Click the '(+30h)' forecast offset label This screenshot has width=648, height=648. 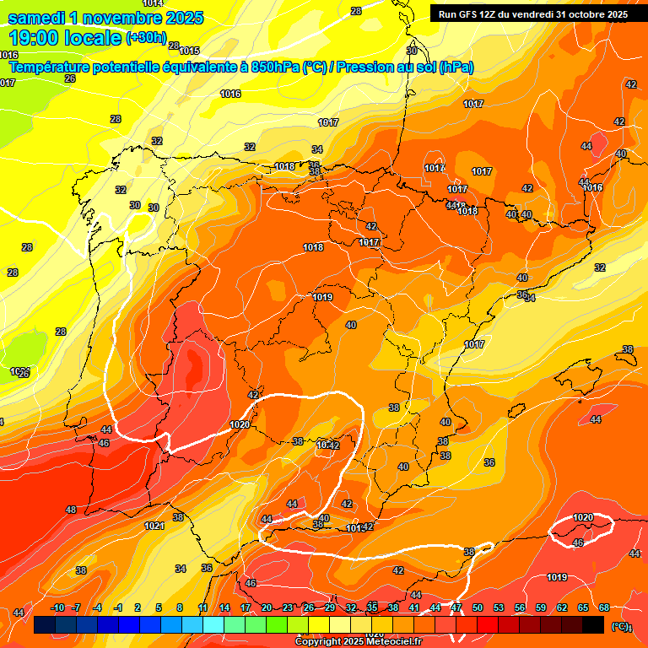(146, 38)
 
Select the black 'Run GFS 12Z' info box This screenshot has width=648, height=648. (532, 13)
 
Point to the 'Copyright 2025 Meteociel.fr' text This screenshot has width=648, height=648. (359, 642)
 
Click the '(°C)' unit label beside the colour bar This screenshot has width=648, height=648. (621, 626)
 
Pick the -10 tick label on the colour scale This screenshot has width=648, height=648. (57, 607)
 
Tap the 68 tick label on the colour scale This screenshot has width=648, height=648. (604, 607)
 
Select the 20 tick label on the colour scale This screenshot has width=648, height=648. (266, 607)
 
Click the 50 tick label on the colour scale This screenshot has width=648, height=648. (478, 607)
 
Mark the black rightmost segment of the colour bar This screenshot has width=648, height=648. (593, 625)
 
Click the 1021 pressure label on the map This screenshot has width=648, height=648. (154, 526)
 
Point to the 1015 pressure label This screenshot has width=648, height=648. (189, 51)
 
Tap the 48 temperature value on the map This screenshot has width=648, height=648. (71, 510)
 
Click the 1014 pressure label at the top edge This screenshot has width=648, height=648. (153, 3)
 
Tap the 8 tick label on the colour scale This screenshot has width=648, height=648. (180, 607)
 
